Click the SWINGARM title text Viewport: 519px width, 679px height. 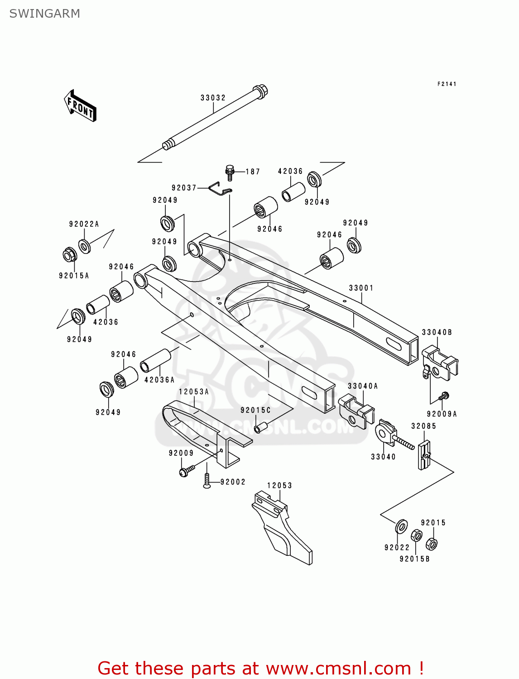pos(44,14)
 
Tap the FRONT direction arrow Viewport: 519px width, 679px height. pos(80,107)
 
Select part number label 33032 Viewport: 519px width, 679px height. pos(213,98)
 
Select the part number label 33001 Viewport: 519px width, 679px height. pos(361,288)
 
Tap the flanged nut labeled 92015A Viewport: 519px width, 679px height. pos(70,255)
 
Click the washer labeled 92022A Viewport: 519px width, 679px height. pos(85,246)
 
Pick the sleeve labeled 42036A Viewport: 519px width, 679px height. pos(156,360)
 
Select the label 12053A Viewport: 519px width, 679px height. pos(194,392)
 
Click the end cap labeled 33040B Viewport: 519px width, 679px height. pos(439,363)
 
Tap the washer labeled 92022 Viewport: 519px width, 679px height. pos(401,526)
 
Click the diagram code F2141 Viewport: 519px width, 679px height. pos(447,84)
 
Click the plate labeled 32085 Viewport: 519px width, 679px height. pos(424,454)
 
